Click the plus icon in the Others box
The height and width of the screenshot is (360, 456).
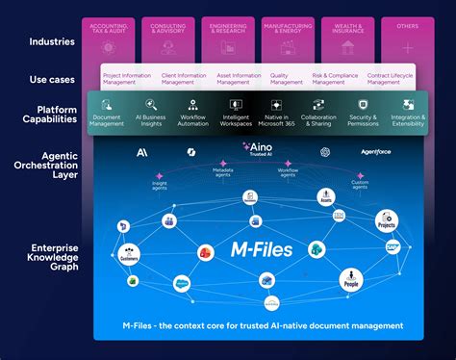coord(407,47)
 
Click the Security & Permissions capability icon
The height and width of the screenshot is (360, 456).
coord(364,104)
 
